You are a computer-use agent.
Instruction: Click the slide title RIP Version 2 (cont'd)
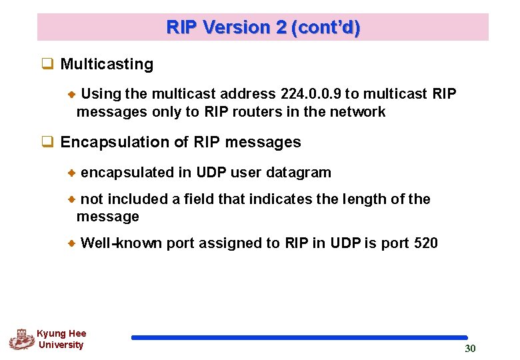pos(263,27)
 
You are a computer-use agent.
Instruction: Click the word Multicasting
pos(107,65)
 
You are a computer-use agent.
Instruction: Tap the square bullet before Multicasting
pos(47,65)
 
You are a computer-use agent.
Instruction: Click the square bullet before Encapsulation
pos(47,142)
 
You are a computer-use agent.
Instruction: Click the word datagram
pos(298,173)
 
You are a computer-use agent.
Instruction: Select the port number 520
pos(425,243)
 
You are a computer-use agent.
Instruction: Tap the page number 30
pos(470,349)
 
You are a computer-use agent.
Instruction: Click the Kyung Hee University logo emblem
pos(21,339)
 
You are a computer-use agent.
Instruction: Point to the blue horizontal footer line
pos(299,338)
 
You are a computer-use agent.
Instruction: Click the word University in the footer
pos(61,345)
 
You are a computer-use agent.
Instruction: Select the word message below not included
pos(108,217)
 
